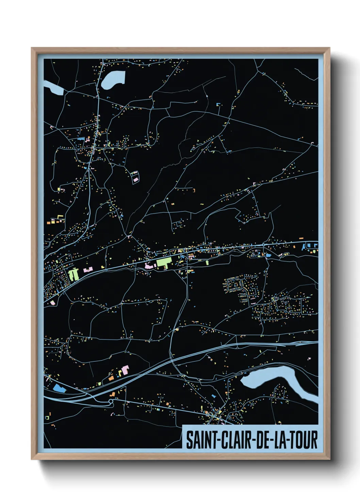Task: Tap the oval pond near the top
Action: (113, 80)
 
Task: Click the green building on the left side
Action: (73, 274)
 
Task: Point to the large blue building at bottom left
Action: (59, 388)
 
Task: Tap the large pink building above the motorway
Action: (125, 370)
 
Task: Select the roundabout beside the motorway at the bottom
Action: (111, 402)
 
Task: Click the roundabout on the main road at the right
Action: (263, 245)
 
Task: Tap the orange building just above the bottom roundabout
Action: (112, 395)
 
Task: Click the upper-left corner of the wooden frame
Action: (32, 48)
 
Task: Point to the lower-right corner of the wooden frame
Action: (329, 459)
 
